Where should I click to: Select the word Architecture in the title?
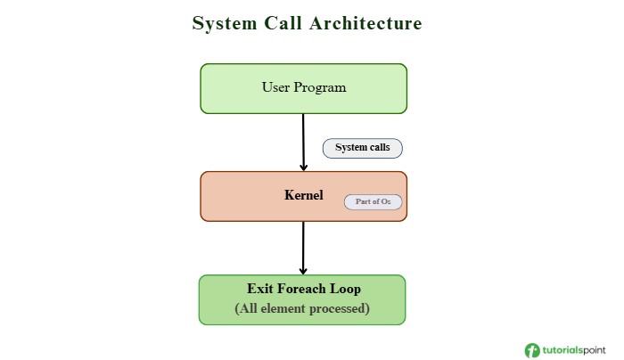point(365,23)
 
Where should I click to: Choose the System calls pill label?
point(362,148)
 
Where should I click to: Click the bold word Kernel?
point(303,194)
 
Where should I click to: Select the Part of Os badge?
point(373,202)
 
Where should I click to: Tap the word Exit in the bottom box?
point(260,290)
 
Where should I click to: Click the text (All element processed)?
point(302,308)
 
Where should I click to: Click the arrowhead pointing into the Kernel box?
point(304,167)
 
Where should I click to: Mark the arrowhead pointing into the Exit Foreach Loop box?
point(303,270)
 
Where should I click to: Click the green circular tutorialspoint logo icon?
point(532,350)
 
